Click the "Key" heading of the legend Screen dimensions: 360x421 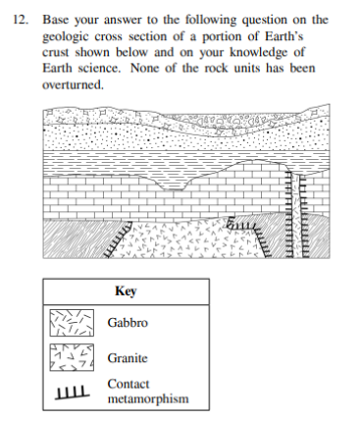pyautogui.click(x=125, y=291)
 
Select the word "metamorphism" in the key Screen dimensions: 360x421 pyautogui.click(x=147, y=399)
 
